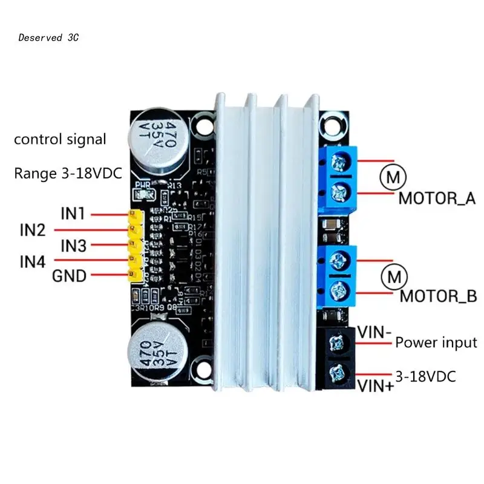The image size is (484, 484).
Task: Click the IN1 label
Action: [73, 214]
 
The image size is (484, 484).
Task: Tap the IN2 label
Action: [33, 230]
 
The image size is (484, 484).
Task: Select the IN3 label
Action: [73, 246]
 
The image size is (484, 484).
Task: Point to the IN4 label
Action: [33, 262]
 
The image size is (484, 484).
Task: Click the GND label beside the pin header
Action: [70, 277]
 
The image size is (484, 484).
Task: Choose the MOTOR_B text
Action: [439, 297]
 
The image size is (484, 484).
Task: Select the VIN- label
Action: [374, 332]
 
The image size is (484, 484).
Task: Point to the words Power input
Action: [436, 342]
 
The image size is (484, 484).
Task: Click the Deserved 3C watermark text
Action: [48, 38]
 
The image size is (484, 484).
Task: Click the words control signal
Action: [60, 139]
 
